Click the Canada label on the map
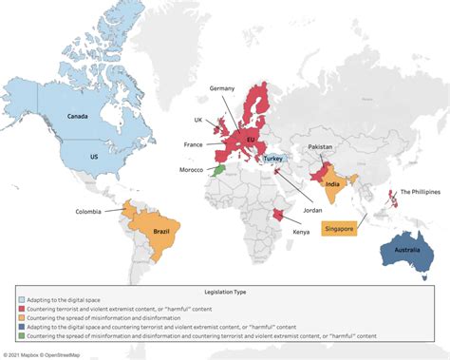point(78,117)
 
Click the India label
point(332,185)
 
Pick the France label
point(194,144)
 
